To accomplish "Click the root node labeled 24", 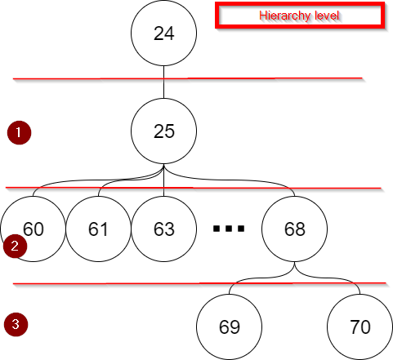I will coord(164,33).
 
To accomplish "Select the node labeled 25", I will coord(164,131).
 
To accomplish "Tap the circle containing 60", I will coord(33,229).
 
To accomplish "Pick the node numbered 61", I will coord(99,229).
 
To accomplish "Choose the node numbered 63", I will coord(164,229).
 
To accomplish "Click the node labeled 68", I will coord(295,229).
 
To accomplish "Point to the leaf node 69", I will coord(230,327).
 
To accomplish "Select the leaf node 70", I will coord(360,327).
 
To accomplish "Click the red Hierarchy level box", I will coord(299,16).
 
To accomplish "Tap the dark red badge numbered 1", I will coord(18,131).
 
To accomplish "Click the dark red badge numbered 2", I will coord(14,246).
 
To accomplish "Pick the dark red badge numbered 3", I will coord(16,324).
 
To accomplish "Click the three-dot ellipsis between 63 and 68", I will coord(229,229).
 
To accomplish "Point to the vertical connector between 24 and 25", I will coord(164,86).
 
